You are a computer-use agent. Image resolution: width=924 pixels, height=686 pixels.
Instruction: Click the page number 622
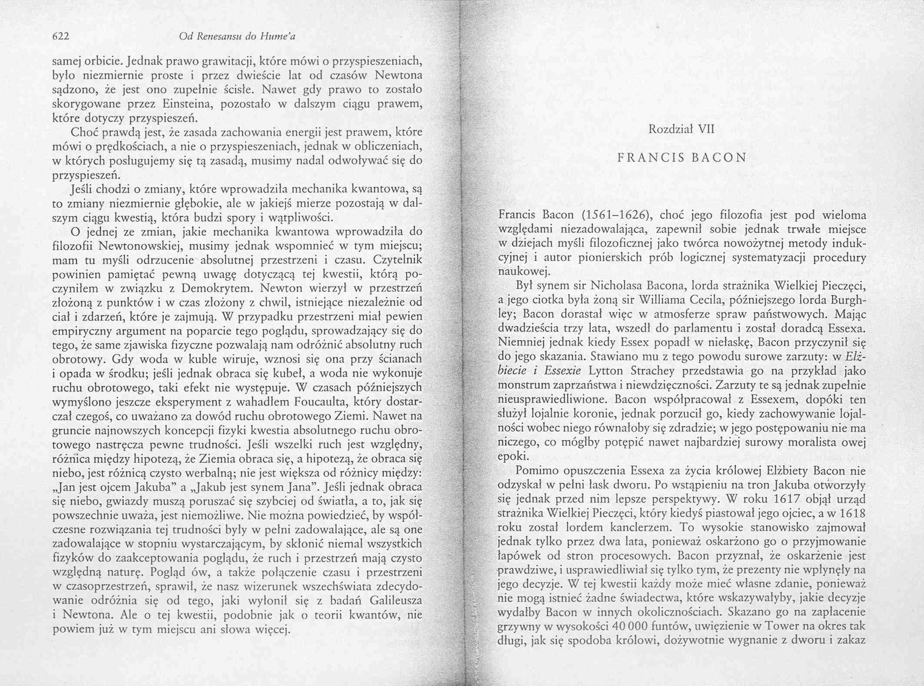(x=61, y=37)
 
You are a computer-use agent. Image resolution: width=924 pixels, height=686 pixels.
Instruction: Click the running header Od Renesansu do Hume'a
(x=237, y=37)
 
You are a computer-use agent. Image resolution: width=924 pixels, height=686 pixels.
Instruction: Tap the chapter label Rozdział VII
(x=681, y=129)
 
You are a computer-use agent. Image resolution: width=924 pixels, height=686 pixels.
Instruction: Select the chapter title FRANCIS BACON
(x=682, y=157)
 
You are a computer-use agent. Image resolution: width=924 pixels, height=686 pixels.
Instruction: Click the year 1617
(x=791, y=499)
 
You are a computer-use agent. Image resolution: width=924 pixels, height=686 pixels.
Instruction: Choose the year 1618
(x=847, y=513)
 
